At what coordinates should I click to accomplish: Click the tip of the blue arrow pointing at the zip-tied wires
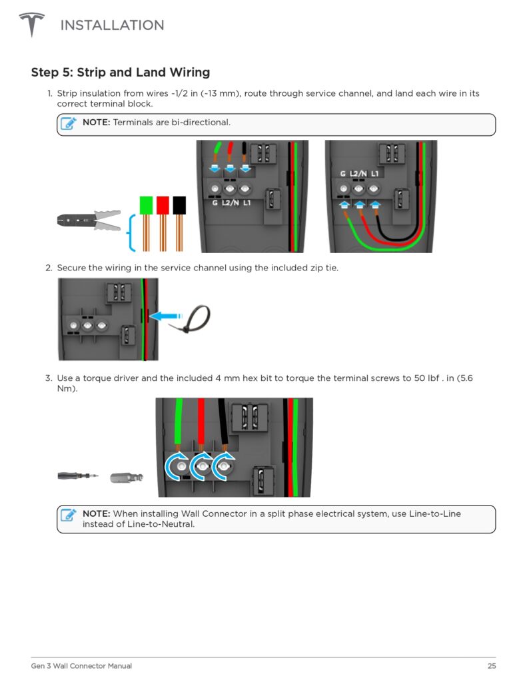tap(149, 316)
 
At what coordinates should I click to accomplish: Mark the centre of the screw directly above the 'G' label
tap(215, 188)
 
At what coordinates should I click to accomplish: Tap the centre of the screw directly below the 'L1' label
tap(373, 188)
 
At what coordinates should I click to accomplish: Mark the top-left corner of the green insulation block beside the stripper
tap(140, 196)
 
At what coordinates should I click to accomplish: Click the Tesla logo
tap(31, 25)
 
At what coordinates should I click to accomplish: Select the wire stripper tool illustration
tap(89, 220)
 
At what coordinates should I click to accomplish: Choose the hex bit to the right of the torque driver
tap(127, 477)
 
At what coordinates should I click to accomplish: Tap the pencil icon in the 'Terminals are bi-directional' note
tap(69, 123)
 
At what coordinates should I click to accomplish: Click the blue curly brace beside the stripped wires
tap(131, 232)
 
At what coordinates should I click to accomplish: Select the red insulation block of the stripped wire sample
tap(163, 205)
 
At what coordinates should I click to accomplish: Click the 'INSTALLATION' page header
tap(113, 25)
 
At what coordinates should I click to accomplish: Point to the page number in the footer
tap(492, 665)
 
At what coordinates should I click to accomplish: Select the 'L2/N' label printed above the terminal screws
tap(359, 174)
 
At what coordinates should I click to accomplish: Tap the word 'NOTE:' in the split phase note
tap(96, 513)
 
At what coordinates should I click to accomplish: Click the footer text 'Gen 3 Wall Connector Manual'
tap(81, 665)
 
